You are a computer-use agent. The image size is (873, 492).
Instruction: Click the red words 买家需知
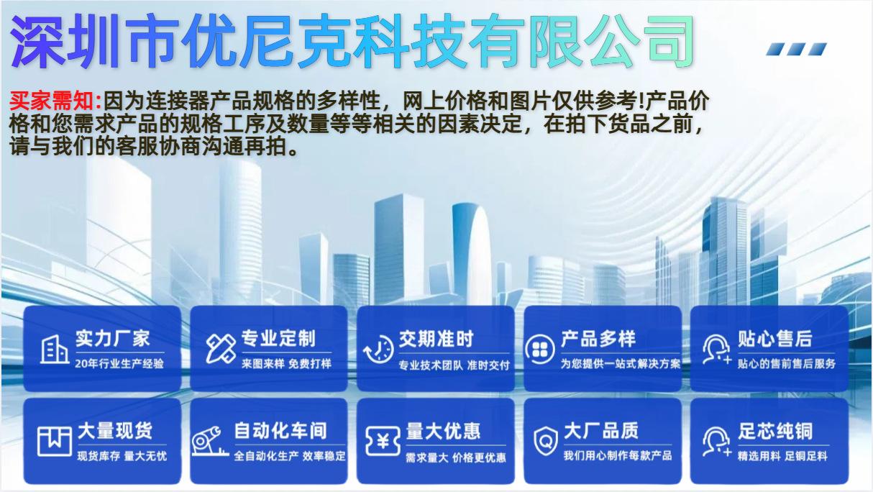click(55, 101)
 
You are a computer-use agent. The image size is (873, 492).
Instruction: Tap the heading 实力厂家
click(112, 338)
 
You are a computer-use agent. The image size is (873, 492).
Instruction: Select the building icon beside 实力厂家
click(54, 350)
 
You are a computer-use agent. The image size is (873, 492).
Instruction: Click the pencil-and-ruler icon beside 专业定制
click(221, 348)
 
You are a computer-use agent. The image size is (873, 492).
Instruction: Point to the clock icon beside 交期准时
click(378, 350)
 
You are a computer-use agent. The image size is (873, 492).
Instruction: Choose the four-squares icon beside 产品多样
click(540, 350)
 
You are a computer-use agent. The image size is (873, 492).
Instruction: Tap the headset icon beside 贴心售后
click(716, 350)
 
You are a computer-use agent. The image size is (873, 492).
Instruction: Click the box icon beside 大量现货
click(55, 441)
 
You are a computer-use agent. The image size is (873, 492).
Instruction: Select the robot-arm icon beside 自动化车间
click(210, 441)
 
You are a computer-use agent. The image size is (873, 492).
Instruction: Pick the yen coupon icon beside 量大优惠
click(383, 441)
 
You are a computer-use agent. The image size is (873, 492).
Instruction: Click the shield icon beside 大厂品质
click(546, 441)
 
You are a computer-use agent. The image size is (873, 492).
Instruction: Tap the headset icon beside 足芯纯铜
click(716, 442)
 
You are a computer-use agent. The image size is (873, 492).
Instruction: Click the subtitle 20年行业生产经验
click(119, 364)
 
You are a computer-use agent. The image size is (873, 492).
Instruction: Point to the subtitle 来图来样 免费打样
click(286, 364)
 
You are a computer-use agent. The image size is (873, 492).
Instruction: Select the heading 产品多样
click(598, 338)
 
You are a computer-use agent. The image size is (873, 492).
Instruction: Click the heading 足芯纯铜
click(775, 431)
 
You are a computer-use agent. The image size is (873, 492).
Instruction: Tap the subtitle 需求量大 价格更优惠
click(456, 457)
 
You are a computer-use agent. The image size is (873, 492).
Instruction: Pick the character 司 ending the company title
click(670, 40)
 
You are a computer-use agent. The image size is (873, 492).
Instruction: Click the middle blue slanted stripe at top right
click(796, 49)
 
